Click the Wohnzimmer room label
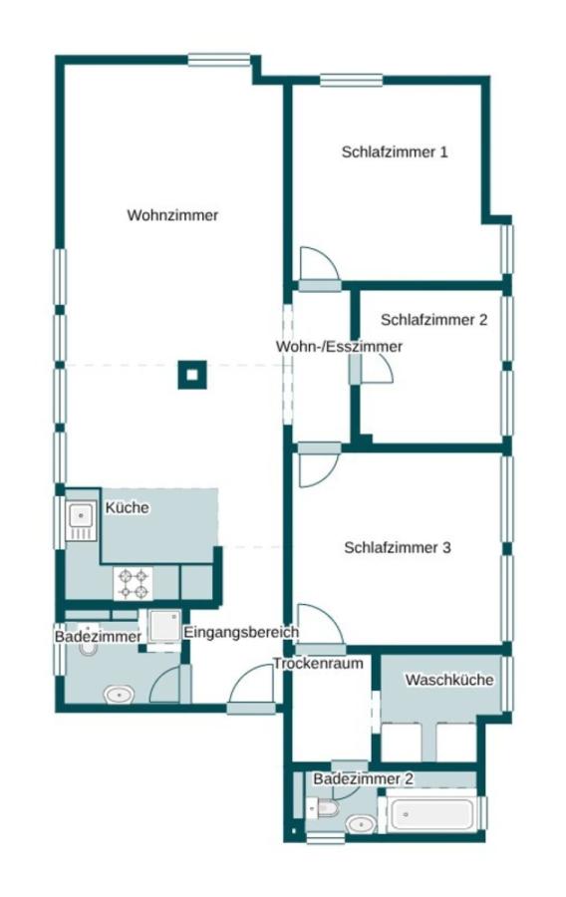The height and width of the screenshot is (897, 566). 172,215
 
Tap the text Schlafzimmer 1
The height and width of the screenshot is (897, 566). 394,152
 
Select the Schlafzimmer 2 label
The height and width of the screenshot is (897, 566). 433,320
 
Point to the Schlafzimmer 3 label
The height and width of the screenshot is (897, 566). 398,547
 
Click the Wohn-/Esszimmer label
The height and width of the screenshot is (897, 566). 339,347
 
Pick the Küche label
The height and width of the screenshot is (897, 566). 127,507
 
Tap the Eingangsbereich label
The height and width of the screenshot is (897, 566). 241,632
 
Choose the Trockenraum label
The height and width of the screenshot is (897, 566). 318,663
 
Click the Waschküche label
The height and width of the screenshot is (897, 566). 448,680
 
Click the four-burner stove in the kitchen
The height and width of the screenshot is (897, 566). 134,583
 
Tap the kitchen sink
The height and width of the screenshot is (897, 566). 80,517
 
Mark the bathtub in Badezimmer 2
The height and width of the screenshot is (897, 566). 431,814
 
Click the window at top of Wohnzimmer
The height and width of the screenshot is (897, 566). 219,60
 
